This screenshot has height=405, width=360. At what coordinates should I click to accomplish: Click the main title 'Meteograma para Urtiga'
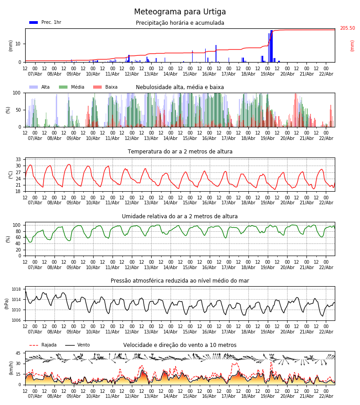pos(180,12)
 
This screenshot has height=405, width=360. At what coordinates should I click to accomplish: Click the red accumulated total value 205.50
pos(347,28)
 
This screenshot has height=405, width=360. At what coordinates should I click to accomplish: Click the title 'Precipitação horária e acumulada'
pos(180,23)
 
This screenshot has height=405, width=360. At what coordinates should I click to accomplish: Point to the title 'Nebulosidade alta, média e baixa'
pos(180,87)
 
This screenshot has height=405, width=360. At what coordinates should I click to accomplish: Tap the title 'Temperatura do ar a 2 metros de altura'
pos(180,152)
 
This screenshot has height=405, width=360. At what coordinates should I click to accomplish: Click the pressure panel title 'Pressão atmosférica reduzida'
pos(180,281)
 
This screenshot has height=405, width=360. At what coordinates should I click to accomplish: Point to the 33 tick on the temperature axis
pos(18,160)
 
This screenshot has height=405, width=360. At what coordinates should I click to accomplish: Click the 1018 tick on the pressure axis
pos(17,289)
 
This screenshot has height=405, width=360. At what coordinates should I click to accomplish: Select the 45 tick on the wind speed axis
pos(18,353)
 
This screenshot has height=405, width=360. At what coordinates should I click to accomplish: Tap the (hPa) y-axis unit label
pos(7,303)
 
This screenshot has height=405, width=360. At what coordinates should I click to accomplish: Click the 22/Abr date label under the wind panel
pos(326,396)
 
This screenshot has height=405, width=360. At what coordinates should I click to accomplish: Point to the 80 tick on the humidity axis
pos(18,231)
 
